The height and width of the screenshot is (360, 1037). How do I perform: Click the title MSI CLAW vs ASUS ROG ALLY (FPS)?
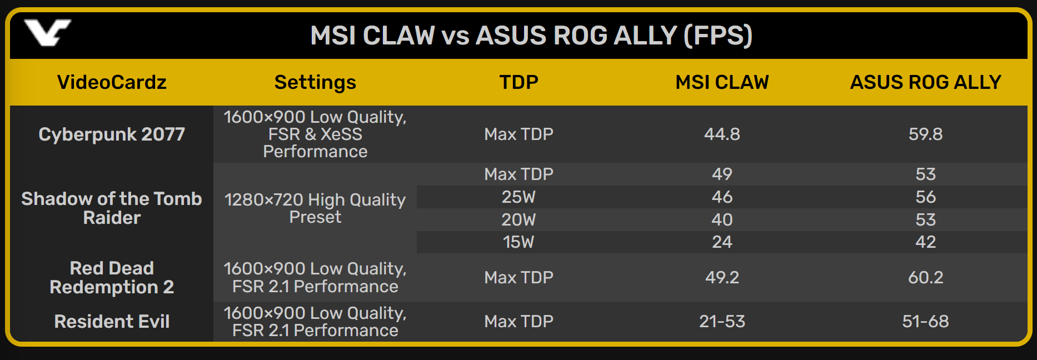531,36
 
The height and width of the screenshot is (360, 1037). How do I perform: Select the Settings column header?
315,82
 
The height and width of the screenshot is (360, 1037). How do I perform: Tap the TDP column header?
518,82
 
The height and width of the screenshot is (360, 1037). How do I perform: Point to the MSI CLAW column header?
722,82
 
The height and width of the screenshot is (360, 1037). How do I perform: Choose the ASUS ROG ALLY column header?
925,82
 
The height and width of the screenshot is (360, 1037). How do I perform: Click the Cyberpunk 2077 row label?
112,134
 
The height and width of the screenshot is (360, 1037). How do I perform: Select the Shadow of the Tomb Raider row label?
112,208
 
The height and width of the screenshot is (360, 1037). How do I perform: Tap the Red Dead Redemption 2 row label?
112,277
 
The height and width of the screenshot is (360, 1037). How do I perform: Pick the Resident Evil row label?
112,321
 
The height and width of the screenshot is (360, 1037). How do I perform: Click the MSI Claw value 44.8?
722,134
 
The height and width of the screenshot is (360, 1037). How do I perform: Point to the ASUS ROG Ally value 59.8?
925,134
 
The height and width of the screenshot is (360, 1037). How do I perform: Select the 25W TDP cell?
518,197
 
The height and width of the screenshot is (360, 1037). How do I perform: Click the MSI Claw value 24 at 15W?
722,242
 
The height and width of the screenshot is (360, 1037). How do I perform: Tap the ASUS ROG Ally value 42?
925,242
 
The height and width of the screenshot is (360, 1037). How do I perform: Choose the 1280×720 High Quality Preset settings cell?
315,208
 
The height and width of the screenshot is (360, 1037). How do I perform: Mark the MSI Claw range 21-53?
722,321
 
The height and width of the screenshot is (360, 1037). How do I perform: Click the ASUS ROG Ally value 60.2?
925,277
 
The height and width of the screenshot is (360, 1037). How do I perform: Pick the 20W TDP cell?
518,219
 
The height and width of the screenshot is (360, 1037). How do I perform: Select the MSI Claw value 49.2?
722,277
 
